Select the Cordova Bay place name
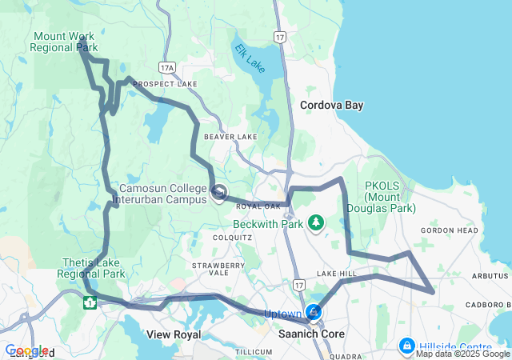click(331, 105)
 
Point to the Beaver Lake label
click(230, 137)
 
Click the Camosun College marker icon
click(219, 193)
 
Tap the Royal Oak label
click(256, 206)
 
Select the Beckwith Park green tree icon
click(317, 222)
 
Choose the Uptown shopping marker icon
click(314, 312)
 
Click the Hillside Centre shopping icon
click(407, 346)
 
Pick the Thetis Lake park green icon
click(90, 302)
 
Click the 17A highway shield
click(166, 69)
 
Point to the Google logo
click(26, 350)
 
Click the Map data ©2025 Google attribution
click(462, 354)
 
